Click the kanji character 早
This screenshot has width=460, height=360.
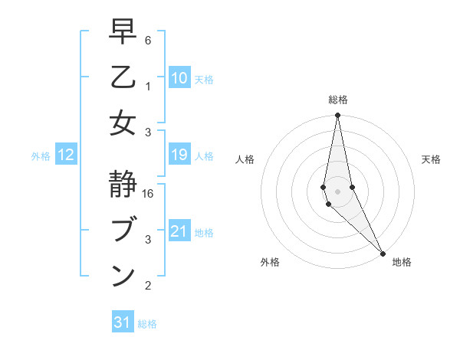[123, 33]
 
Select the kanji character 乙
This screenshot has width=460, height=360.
[123, 78]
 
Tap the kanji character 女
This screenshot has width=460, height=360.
[123, 123]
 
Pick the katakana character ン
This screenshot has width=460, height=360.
[123, 275]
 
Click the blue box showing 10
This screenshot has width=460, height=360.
[179, 78]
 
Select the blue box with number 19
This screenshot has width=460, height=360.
[179, 155]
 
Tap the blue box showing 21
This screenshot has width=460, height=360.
[179, 231]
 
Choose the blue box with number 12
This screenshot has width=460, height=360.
[66, 155]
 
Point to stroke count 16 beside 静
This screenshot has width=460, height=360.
[148, 194]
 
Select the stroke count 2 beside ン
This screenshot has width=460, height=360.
[147, 286]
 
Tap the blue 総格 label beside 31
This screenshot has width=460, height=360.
[147, 324]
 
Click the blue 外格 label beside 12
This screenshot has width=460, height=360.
[41, 156]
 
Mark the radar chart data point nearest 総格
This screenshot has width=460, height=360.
[337, 116]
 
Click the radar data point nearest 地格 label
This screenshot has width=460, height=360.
[383, 252]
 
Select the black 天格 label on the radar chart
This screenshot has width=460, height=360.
[431, 159]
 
